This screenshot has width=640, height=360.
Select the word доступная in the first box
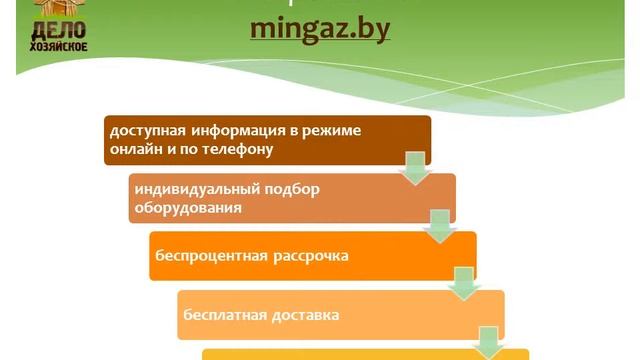click(144, 132)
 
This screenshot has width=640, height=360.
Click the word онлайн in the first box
click(135, 150)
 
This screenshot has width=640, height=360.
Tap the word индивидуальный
click(188, 190)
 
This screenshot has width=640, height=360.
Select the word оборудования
click(187, 208)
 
